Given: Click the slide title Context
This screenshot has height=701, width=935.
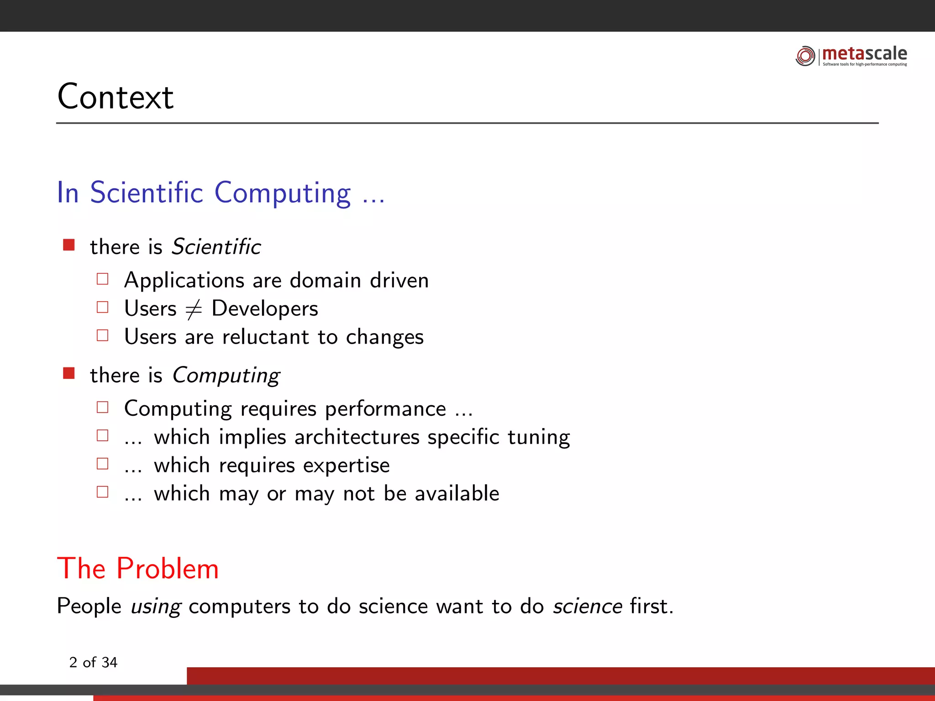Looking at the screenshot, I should (x=115, y=97).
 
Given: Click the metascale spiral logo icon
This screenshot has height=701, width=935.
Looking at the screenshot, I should (x=805, y=56).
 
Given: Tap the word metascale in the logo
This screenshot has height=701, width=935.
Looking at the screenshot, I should (x=864, y=53).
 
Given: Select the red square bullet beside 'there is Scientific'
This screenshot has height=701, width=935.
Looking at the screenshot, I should (x=69, y=245).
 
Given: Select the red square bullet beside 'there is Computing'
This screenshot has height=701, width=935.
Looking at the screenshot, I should (x=69, y=373).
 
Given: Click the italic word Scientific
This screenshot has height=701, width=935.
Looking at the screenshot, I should (x=216, y=247).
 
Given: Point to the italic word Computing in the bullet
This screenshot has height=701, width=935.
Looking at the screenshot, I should (x=226, y=376).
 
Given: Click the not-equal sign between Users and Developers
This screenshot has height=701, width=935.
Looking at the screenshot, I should (x=194, y=309).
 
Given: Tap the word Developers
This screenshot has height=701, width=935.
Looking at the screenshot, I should (x=265, y=309).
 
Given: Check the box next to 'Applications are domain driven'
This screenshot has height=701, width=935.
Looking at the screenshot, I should (x=103, y=279).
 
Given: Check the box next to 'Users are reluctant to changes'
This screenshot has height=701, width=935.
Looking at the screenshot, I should (x=103, y=335).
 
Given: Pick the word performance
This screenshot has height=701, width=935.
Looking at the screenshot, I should (x=385, y=409).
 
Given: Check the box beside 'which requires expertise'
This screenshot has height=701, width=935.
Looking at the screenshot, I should (x=103, y=464).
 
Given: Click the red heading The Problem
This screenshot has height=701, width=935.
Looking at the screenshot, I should (x=138, y=569).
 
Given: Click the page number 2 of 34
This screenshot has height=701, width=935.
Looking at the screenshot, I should (x=93, y=662).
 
